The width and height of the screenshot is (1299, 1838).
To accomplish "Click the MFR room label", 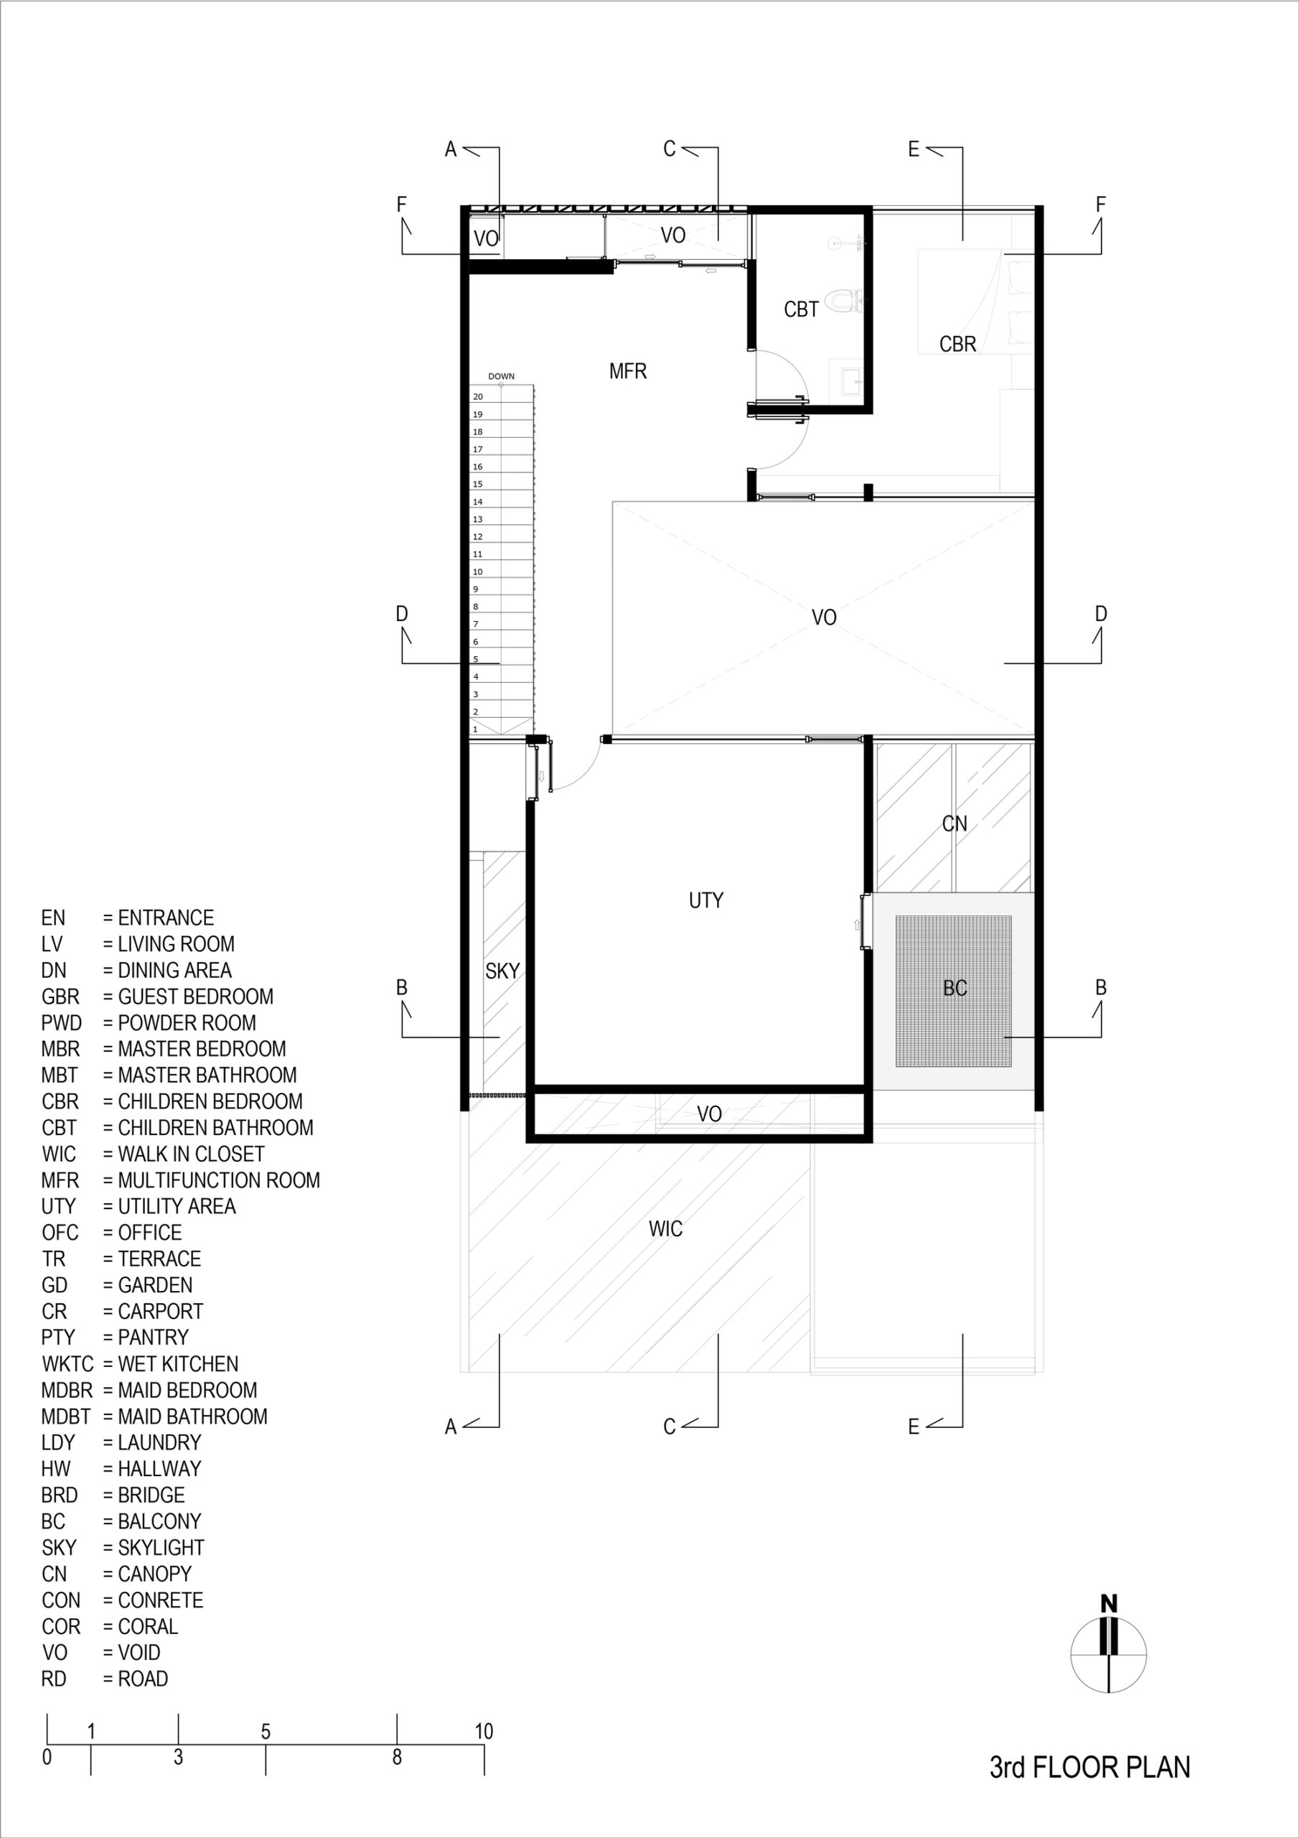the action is click(x=627, y=371).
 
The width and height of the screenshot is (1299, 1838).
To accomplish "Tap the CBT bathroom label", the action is click(x=801, y=309).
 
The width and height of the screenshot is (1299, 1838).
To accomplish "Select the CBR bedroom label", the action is click(x=958, y=344).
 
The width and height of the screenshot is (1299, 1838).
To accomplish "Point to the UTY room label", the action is click(x=706, y=900).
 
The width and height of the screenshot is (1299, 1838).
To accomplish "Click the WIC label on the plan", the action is click(x=666, y=1228).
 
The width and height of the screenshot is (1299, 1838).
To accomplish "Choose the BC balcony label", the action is click(x=955, y=988).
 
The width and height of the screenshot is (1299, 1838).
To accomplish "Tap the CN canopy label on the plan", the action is click(x=955, y=824).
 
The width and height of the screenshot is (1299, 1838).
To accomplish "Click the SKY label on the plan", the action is click(x=502, y=971).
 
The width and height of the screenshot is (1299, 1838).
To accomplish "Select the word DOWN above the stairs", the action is click(x=502, y=376).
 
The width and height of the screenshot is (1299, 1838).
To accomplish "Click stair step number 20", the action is click(x=478, y=397).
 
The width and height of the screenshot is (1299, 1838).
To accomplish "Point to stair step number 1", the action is click(x=475, y=729).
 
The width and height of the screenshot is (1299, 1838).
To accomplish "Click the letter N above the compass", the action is click(x=1109, y=1603).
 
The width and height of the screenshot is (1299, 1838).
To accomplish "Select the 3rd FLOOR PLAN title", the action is click(x=1090, y=1767).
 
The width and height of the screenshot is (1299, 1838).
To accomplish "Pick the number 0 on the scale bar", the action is click(x=47, y=1757).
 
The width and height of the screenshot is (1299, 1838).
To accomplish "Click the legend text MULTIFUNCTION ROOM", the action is click(x=218, y=1180).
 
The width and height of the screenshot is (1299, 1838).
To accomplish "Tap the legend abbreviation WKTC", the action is click(x=67, y=1363).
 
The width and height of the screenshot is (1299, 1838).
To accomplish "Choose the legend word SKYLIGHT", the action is click(x=161, y=1547).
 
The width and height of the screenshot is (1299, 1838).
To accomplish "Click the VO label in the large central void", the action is click(x=825, y=617).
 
